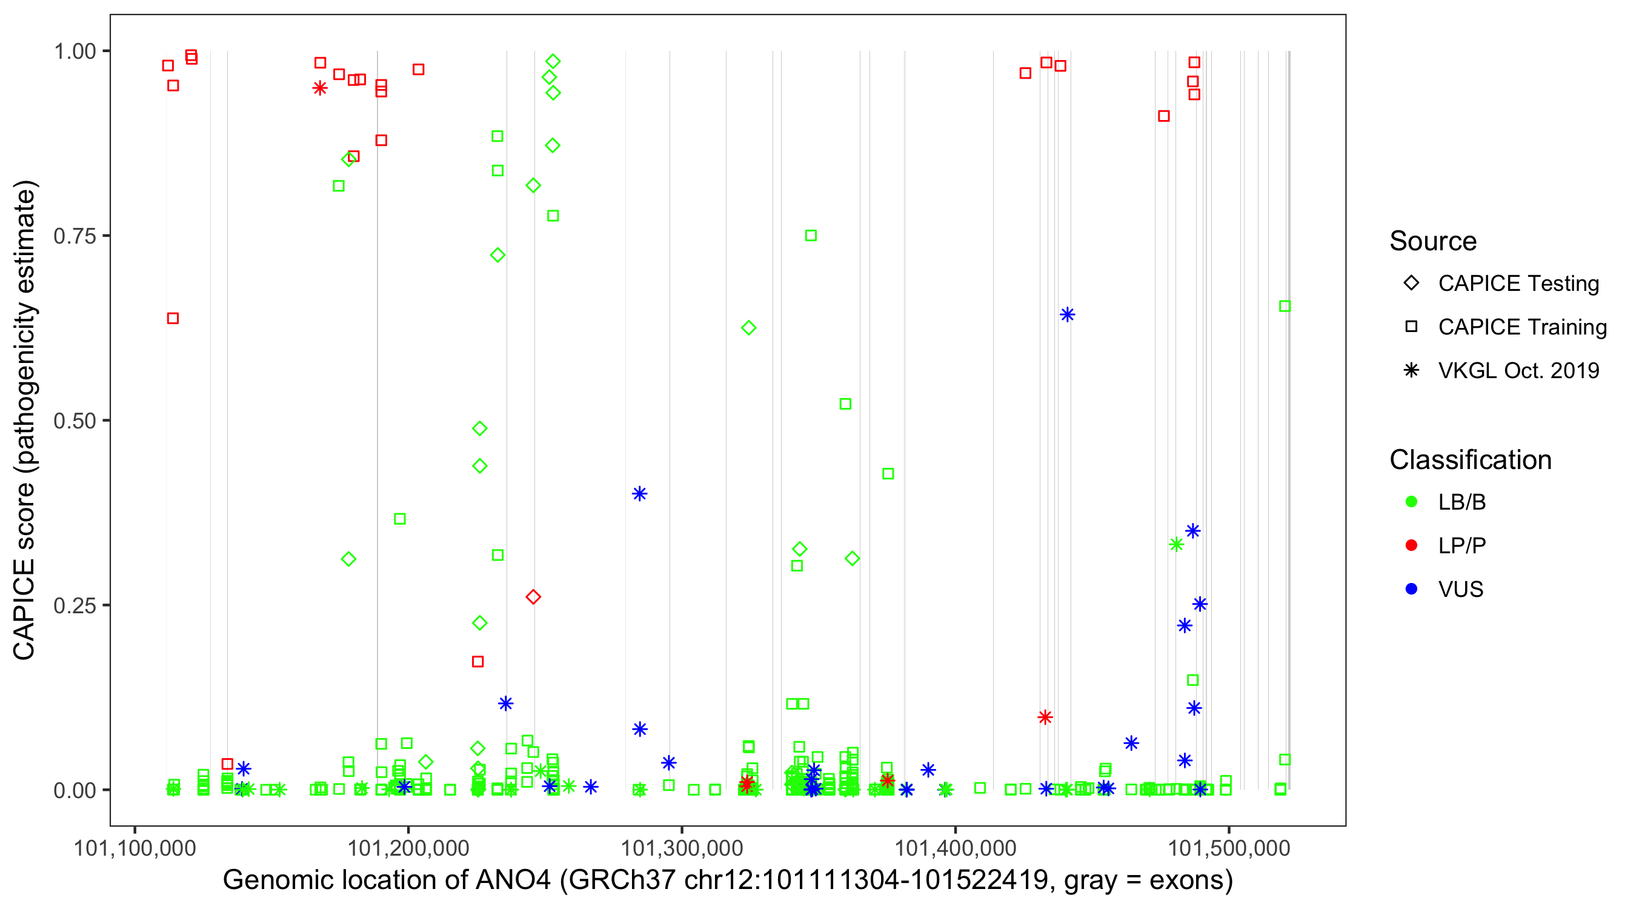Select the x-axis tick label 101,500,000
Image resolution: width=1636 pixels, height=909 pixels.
[x=1229, y=848]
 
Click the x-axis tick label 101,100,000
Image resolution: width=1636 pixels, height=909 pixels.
[x=135, y=848]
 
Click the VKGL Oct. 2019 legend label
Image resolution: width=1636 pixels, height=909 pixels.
[x=1518, y=370]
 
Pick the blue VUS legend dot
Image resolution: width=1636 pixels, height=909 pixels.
[x=1411, y=589]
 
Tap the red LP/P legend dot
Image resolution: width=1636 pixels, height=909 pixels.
[x=1411, y=545]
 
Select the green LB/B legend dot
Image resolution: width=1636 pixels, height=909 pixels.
[x=1411, y=502]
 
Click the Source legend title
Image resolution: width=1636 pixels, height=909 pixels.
[x=1433, y=241]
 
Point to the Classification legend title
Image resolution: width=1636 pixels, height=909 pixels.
[x=1470, y=460]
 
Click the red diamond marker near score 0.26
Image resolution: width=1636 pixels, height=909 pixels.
[x=533, y=596]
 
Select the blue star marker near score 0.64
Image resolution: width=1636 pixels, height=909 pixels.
[x=1067, y=315]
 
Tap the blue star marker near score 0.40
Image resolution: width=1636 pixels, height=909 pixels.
[x=639, y=493]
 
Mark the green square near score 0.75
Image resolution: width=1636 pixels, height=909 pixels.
[x=810, y=236]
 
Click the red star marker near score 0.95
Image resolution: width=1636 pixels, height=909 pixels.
[x=320, y=88]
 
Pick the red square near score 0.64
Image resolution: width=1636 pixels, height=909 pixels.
[x=173, y=318]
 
